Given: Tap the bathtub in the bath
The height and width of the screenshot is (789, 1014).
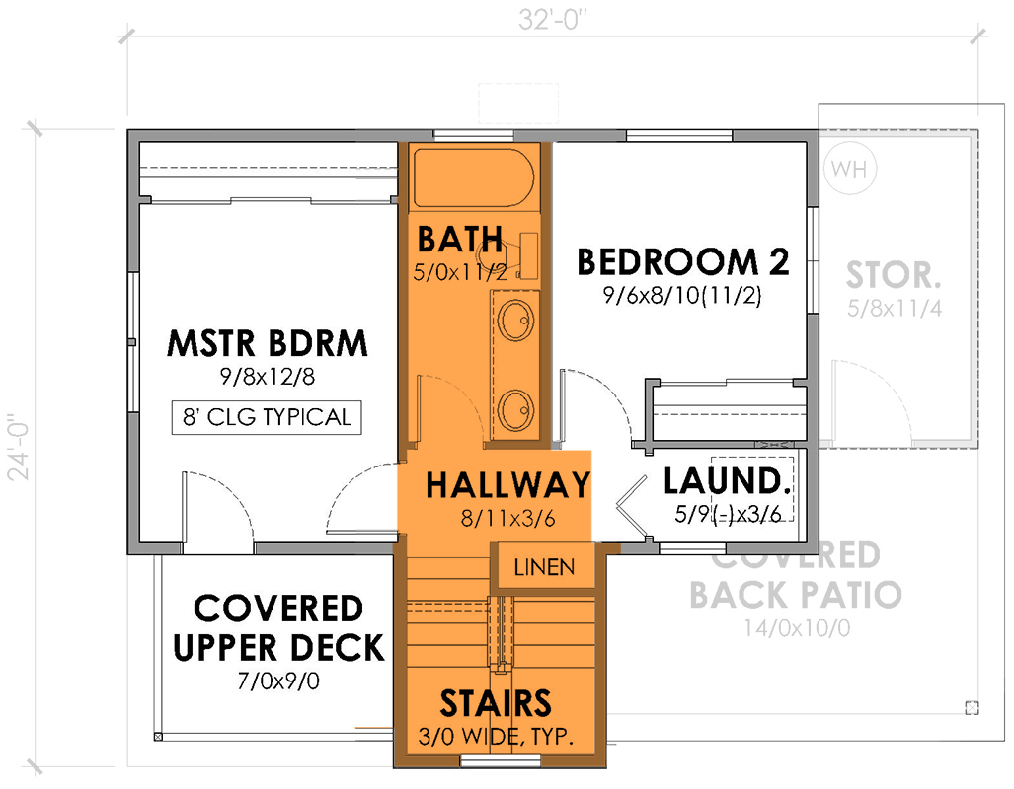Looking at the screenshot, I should tap(473, 178).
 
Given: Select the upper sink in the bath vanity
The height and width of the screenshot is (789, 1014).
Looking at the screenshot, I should tap(515, 320).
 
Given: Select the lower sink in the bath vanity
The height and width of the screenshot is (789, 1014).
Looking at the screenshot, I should tap(515, 406).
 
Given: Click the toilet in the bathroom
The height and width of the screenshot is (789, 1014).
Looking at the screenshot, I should tap(515, 255).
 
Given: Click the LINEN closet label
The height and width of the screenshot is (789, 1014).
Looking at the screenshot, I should tap(544, 569).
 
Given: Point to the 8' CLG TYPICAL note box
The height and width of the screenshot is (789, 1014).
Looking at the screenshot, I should tap(267, 417).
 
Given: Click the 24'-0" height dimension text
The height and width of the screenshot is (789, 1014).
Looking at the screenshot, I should tap(18, 449).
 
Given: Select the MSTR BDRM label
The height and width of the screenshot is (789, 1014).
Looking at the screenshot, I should tap(267, 344).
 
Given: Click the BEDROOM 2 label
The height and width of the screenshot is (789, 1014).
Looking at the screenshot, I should tap(682, 262).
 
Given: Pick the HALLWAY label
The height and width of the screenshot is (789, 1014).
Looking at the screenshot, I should tap(507, 485).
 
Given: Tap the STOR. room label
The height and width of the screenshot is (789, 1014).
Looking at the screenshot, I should tap(894, 273).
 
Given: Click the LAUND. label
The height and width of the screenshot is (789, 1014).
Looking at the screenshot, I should tap(728, 482).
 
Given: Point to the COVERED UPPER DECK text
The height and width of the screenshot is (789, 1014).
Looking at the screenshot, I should tap(278, 627).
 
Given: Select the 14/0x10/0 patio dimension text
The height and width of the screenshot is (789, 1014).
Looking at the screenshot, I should tap(795, 627).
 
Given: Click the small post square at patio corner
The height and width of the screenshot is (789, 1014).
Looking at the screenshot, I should tap(972, 707).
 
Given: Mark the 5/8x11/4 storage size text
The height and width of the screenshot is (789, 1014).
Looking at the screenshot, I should tap(895, 308).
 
